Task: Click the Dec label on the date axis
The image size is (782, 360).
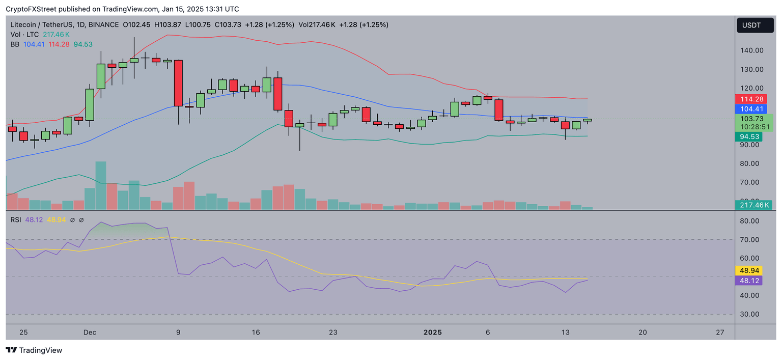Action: point(90,333)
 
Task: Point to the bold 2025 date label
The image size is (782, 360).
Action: point(433,333)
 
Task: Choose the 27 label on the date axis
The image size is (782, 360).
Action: point(720,333)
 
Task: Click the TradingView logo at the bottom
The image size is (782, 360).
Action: point(34,350)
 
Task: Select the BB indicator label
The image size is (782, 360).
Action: point(15,44)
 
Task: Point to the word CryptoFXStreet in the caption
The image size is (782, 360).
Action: point(31,9)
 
